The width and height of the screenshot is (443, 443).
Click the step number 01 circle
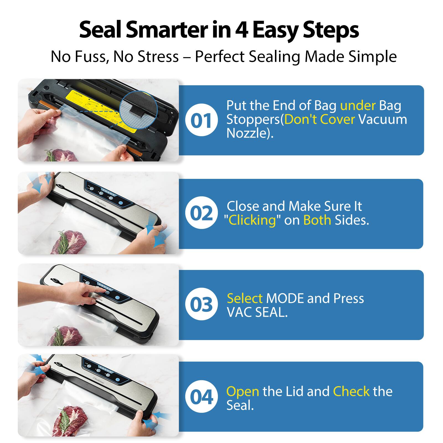(201, 120)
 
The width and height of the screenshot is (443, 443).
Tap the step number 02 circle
(201, 213)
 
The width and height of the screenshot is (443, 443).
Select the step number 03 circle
(201, 304)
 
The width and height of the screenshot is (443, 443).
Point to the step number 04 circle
(201, 396)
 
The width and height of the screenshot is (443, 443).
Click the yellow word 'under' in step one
(358, 105)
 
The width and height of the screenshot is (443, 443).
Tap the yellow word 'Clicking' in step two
(252, 220)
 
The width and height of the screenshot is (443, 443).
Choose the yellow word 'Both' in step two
(317, 220)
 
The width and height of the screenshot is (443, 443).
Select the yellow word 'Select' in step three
(244, 298)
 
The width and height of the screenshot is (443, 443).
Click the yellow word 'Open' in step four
(243, 391)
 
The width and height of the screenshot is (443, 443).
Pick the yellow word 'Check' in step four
(351, 391)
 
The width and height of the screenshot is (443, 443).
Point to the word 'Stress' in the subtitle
(158, 57)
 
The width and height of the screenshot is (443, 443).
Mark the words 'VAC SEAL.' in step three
(257, 312)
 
